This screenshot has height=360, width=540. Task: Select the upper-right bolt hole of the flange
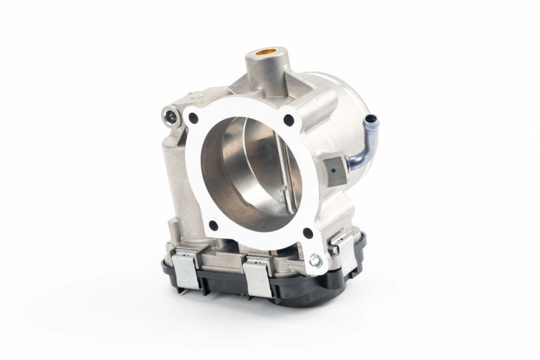pos(289,120)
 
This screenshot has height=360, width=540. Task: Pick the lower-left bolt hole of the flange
pos(212,226)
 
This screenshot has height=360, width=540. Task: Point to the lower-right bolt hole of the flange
pos(308,233)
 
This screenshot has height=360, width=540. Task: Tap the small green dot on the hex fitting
pos(333,170)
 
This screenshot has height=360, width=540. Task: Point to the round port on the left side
pos(172,114)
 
